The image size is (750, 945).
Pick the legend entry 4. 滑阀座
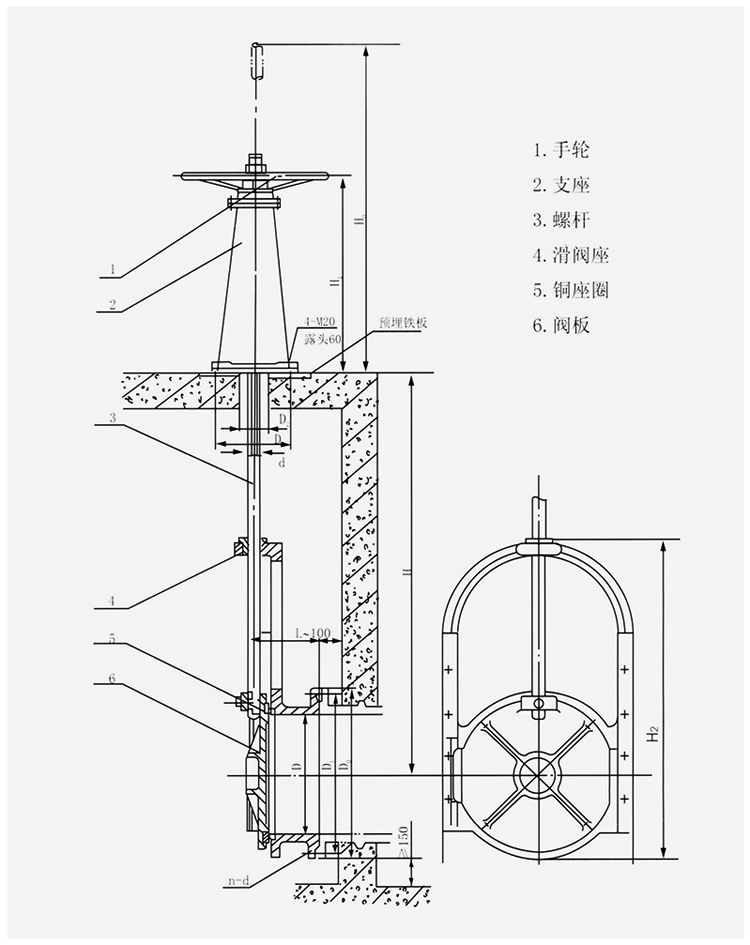pyautogui.click(x=570, y=255)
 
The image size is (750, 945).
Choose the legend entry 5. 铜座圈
pyautogui.click(x=570, y=290)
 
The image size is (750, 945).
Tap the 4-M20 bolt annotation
pyautogui.click(x=321, y=323)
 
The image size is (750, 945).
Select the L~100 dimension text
pyautogui.click(x=313, y=634)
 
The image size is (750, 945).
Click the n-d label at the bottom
pyautogui.click(x=238, y=882)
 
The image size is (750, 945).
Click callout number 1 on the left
pyautogui.click(x=114, y=268)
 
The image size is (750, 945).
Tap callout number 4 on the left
pyautogui.click(x=114, y=600)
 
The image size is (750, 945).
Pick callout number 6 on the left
pyautogui.click(x=112, y=679)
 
